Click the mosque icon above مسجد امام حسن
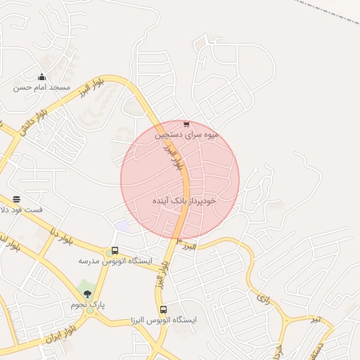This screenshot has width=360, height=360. click(41, 77)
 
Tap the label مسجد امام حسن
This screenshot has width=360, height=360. click(42, 88)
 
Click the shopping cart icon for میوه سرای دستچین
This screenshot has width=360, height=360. click(186, 124)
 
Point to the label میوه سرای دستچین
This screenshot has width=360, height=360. click(187, 134)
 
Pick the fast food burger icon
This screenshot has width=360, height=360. click(16, 200)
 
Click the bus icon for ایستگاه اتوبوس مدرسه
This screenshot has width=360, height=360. click(115, 251)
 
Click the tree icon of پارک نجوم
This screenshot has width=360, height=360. click(87, 294)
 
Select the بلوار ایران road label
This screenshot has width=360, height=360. click(61, 333)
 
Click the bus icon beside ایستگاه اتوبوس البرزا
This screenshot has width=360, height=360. click(164, 309)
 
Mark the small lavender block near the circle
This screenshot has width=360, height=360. click(123, 226)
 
